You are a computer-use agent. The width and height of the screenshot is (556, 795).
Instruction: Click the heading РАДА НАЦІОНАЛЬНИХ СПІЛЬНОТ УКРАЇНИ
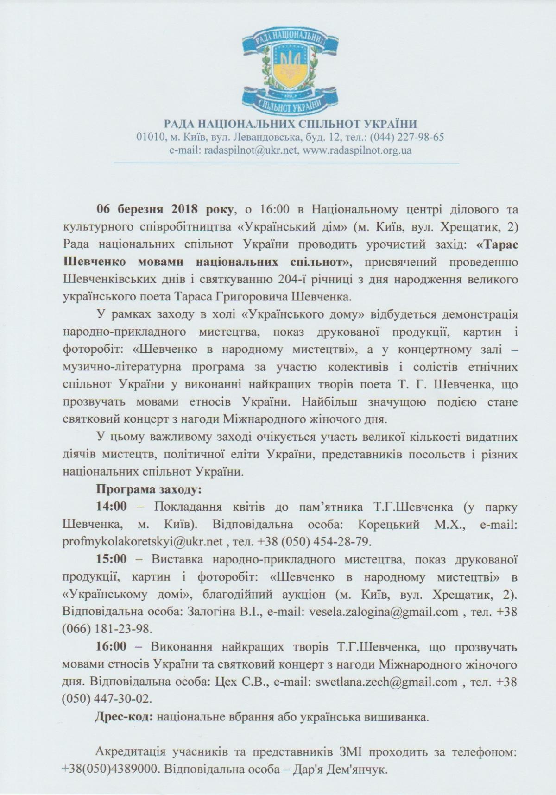291,124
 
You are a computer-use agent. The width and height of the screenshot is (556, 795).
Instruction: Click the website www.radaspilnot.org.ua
357,150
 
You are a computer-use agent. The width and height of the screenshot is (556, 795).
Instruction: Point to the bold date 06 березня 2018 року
164,209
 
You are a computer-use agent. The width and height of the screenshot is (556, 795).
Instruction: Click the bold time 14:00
111,507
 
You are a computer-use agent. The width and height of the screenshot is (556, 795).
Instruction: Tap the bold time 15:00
111,559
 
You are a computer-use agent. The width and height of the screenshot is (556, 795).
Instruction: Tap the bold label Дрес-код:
124,718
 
